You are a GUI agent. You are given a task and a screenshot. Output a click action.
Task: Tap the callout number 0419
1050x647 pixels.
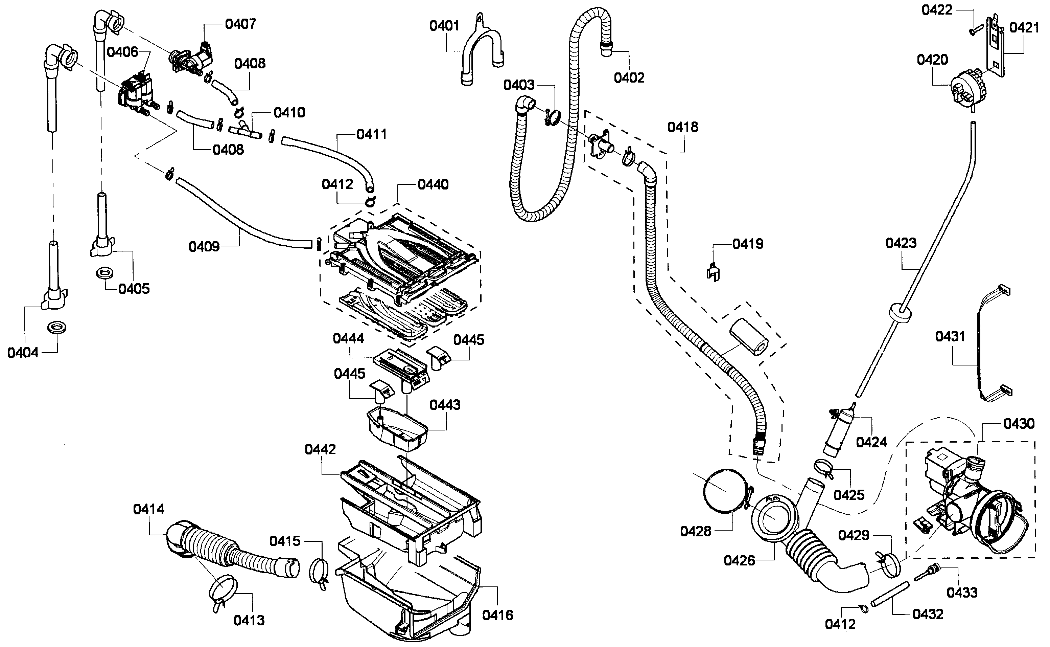pos(748,244)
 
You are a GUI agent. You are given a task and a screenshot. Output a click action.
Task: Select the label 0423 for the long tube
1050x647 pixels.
pos(901,243)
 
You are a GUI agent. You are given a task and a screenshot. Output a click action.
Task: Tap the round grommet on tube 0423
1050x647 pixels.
pos(899,313)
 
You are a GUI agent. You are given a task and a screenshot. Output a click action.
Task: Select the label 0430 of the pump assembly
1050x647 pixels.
pos(1019,424)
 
